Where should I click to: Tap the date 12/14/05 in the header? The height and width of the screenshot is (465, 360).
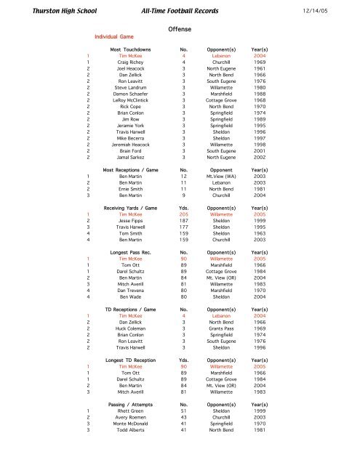pyautogui.click(x=332, y=9)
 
